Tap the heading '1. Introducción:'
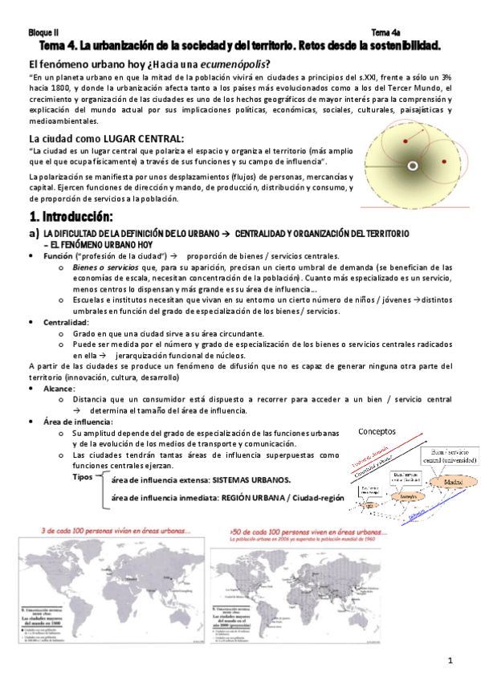pos(71,217)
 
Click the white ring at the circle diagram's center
pos(413,166)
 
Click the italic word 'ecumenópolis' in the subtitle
pos(232,64)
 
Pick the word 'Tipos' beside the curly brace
pos(84,476)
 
